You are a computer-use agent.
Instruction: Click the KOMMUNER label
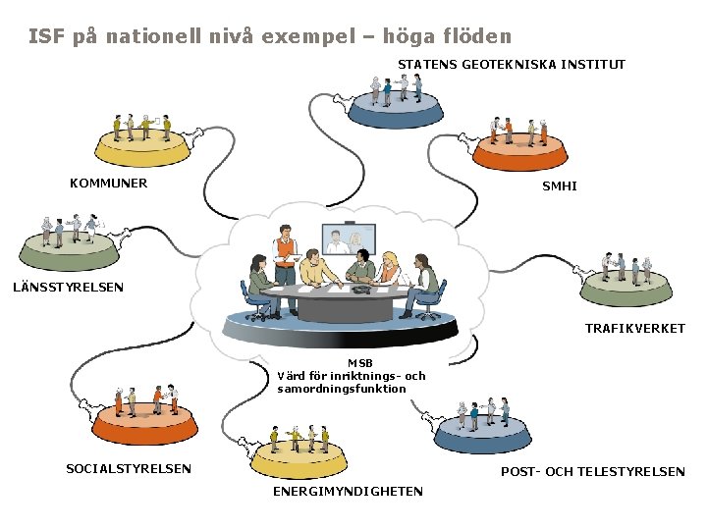click(108, 183)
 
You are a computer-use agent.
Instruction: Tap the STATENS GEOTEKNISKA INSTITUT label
click(511, 65)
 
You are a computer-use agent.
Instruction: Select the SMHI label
click(560, 185)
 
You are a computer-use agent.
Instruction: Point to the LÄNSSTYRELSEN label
click(68, 288)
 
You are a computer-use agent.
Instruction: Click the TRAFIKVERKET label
click(635, 328)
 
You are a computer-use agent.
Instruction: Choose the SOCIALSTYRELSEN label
click(129, 468)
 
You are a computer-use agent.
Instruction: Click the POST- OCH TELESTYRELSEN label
click(593, 472)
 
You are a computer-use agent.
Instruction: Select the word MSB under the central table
click(359, 363)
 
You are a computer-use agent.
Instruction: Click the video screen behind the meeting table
click(349, 239)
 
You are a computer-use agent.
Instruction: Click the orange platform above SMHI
click(519, 151)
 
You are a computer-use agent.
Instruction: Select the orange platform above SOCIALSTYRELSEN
click(145, 424)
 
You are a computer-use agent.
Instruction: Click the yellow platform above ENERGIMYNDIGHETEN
click(299, 456)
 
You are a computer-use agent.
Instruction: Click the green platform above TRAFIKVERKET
click(626, 286)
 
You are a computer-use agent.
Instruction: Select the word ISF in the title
click(46, 36)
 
